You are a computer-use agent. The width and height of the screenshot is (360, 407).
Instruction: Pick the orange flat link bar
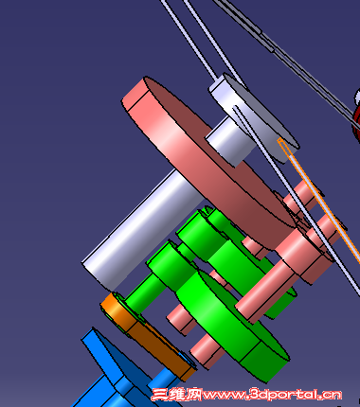(149, 334)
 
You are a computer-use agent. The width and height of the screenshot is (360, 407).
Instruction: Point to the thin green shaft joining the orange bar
(145, 292)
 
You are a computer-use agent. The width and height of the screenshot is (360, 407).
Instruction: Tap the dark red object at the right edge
(356, 116)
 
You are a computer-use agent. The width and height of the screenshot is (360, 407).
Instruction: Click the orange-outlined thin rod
(319, 201)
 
